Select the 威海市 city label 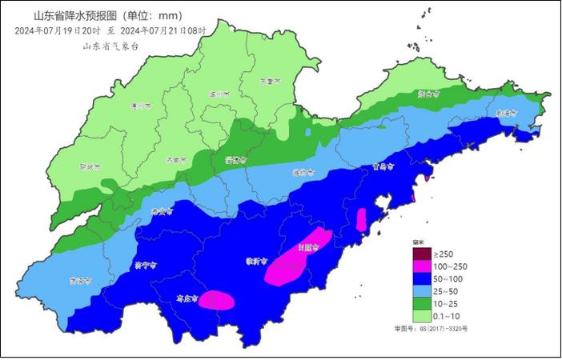tap(504, 114)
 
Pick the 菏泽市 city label tap(78, 281)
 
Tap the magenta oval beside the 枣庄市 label tap(217, 300)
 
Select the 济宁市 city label tap(145, 263)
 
